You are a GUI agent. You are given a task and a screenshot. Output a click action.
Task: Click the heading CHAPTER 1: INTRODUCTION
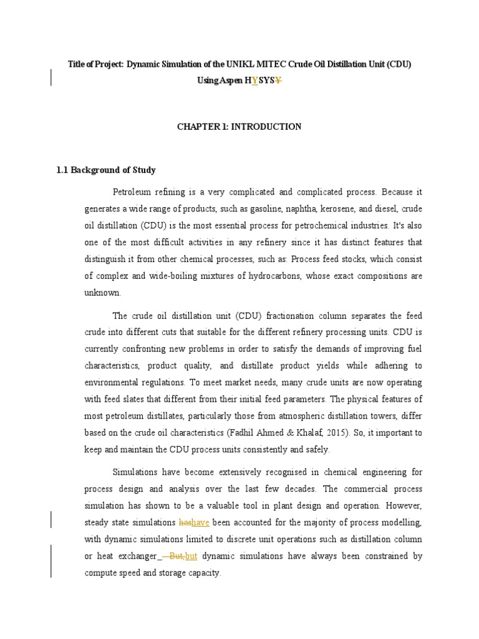point(239,127)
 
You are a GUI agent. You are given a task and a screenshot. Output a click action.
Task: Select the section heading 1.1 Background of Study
point(106,170)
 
